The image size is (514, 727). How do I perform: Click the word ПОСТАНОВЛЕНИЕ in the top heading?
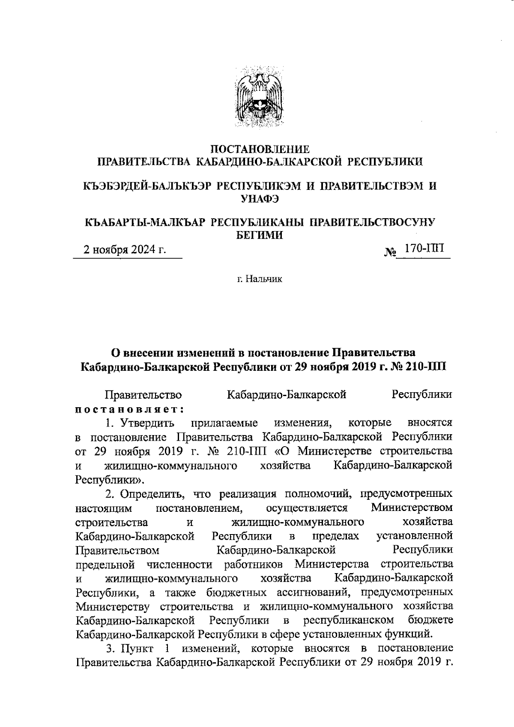[x=260, y=150]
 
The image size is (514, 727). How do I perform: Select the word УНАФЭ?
[x=260, y=198]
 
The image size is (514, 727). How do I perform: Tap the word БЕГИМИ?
[x=260, y=235]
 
